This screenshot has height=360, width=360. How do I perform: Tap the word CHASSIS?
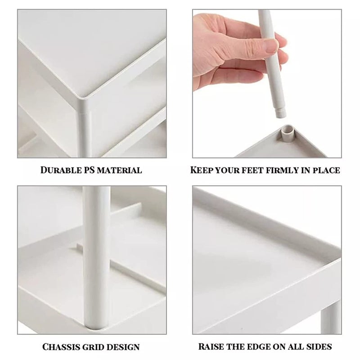pyautogui.click(x=61, y=346)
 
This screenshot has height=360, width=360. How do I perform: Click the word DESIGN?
pyautogui.click(x=122, y=346)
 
